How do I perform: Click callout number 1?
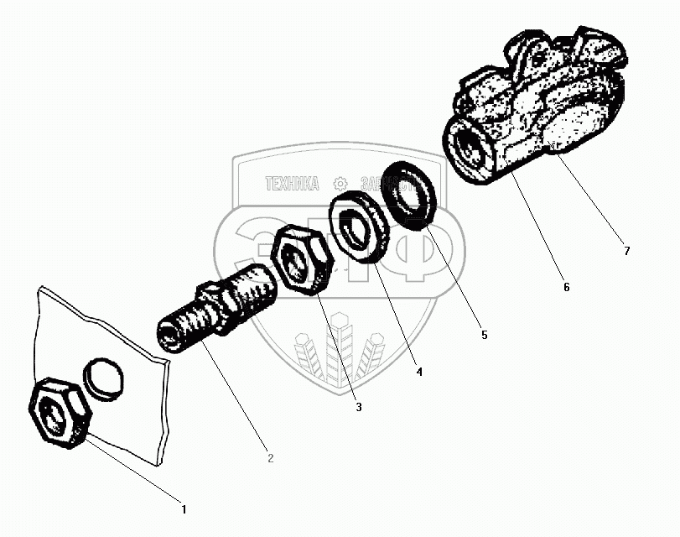point(184,508)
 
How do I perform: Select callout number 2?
point(270,458)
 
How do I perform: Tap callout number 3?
point(358,408)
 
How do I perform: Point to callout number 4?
point(418,370)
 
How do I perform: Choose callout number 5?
point(483,335)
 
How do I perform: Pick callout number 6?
point(566,287)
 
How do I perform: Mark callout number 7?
point(625,250)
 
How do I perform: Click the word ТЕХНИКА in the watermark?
point(292,184)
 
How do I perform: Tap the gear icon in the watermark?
point(340,183)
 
